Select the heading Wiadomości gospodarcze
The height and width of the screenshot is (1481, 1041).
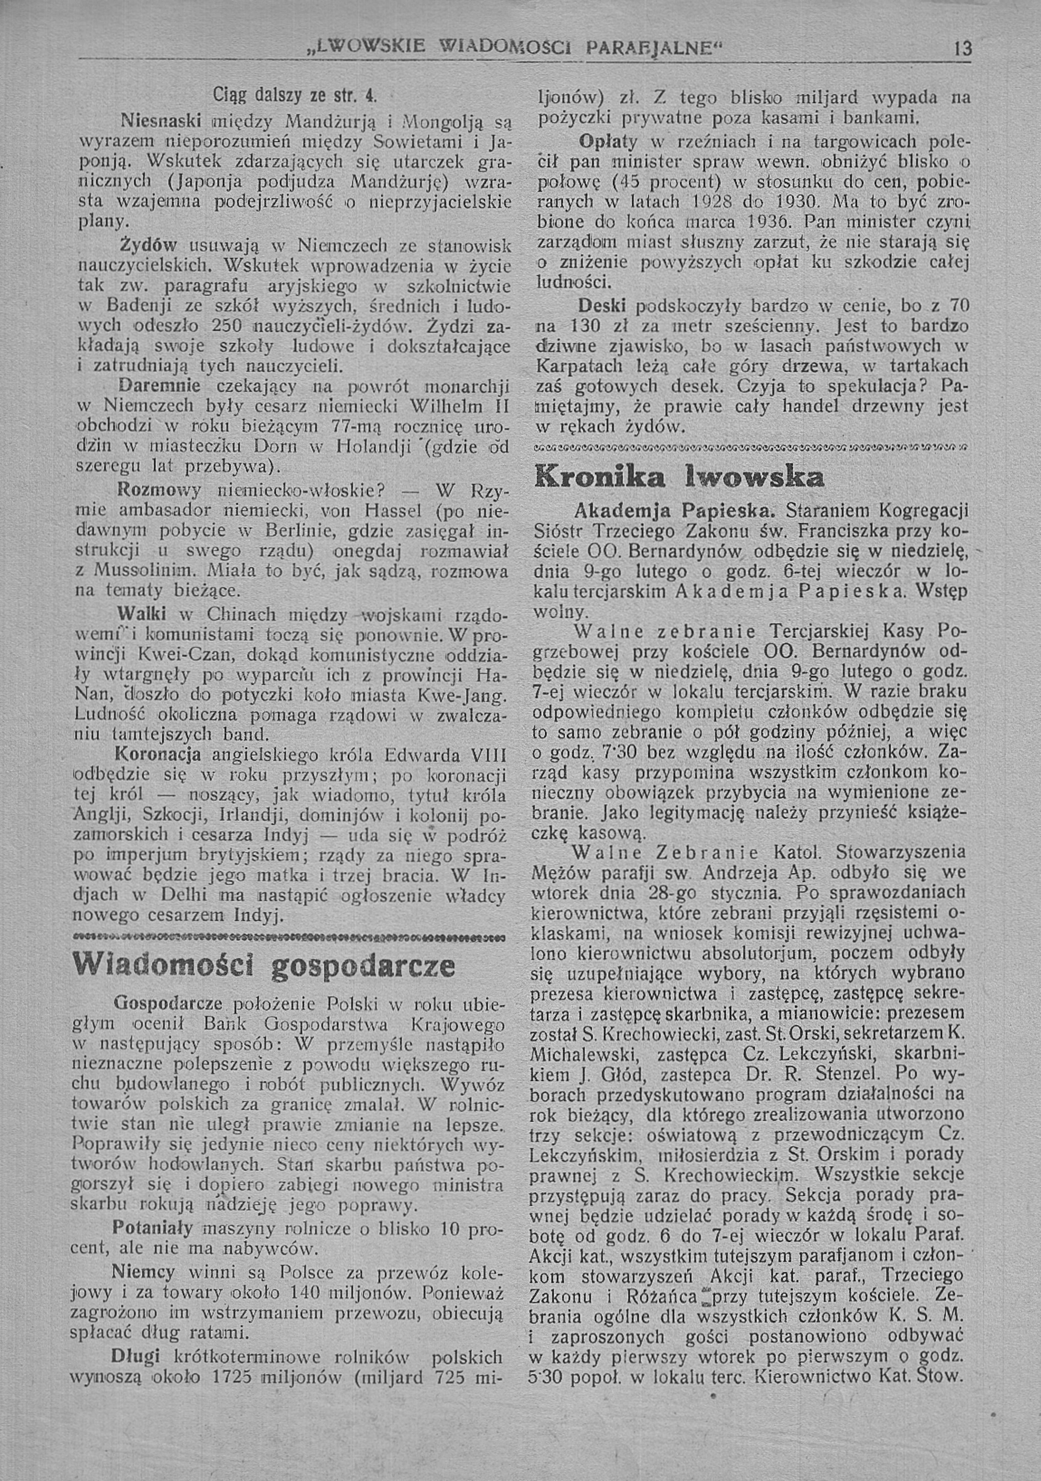tap(264, 965)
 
